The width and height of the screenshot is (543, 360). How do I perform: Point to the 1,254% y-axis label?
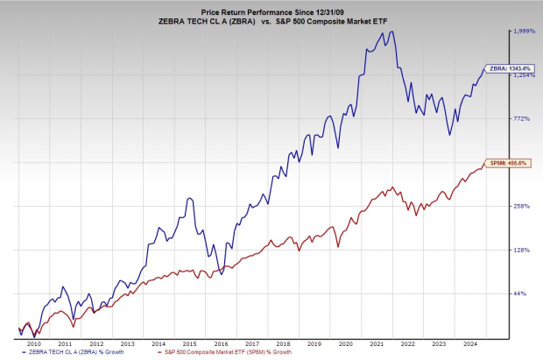pos(523,75)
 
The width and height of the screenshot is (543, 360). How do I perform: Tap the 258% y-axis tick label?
pos(521,207)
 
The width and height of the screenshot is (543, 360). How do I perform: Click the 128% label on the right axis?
pos(521,251)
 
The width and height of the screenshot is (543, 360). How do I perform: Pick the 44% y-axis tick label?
pos(519,293)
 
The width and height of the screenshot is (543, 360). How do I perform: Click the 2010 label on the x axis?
pos(34,345)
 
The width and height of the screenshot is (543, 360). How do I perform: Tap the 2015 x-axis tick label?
pos(189,345)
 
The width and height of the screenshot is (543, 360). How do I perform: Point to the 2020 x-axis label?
pos(345,345)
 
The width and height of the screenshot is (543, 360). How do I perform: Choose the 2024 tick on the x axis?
pos(469,345)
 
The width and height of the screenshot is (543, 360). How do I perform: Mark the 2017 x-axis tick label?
pos(251,345)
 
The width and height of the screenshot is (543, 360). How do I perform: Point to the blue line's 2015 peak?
pos(189,199)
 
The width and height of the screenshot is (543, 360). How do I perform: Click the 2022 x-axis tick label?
pos(407,345)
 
